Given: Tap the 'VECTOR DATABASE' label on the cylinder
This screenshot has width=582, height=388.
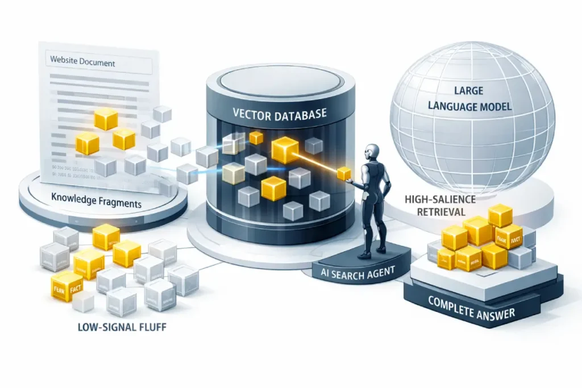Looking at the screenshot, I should tap(280, 114).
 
